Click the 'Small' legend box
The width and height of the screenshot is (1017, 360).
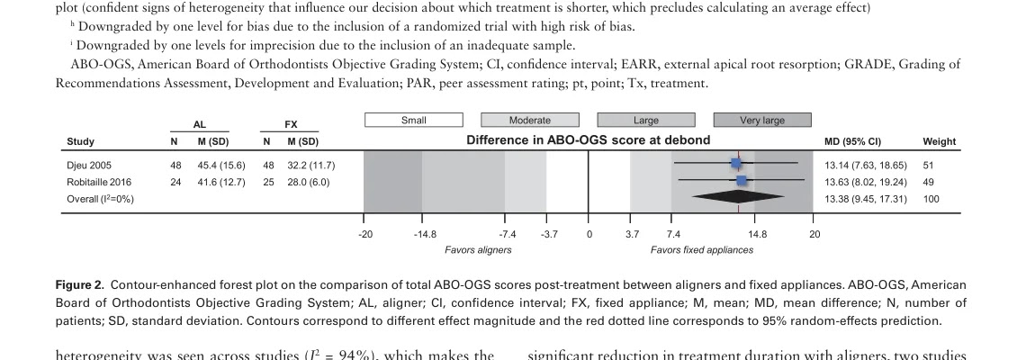click(x=414, y=120)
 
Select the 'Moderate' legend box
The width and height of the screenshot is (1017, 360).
click(x=530, y=120)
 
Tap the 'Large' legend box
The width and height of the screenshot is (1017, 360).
click(x=646, y=120)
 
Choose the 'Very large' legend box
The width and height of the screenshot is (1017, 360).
click(x=762, y=120)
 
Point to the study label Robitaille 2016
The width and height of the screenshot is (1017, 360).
click(x=99, y=181)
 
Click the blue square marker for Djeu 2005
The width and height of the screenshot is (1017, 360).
click(x=736, y=164)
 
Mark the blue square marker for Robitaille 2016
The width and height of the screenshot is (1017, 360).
click(x=741, y=181)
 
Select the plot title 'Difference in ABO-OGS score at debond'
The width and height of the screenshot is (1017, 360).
click(x=588, y=140)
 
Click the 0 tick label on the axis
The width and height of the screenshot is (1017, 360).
click(x=589, y=234)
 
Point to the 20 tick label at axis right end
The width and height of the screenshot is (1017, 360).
click(x=814, y=234)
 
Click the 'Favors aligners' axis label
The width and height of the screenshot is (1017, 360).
click(x=478, y=249)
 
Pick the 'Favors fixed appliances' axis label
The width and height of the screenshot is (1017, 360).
click(x=702, y=249)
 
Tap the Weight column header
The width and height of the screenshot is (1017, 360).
click(x=939, y=141)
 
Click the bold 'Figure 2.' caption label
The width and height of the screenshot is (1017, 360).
click(x=80, y=283)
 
